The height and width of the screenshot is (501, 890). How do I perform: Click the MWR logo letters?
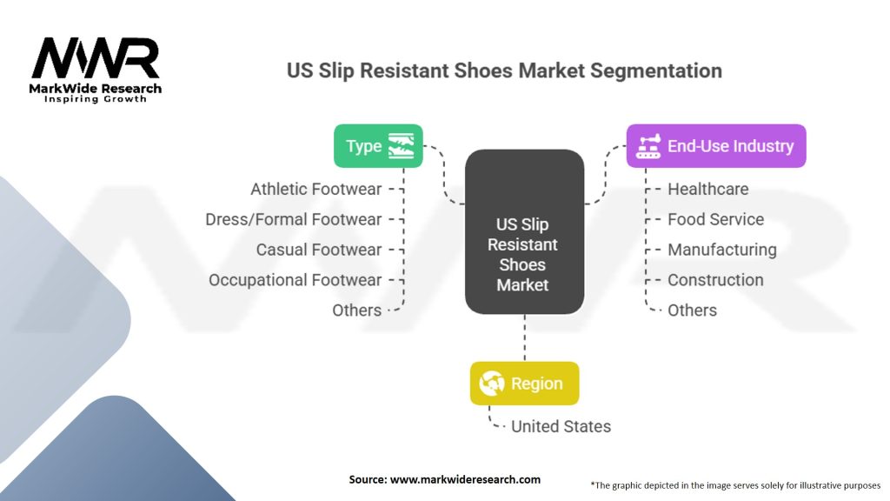[x=96, y=58]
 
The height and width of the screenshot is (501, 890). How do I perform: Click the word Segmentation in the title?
[x=655, y=71]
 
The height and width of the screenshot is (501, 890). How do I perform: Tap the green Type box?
[x=378, y=146]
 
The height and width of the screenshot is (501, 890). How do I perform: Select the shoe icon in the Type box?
[x=401, y=146]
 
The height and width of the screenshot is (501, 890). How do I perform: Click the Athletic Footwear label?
[x=316, y=189]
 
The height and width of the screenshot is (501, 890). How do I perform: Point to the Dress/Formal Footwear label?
[x=294, y=219]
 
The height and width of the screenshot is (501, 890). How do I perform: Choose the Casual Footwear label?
[x=319, y=250]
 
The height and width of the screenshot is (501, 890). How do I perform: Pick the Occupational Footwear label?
[x=296, y=280]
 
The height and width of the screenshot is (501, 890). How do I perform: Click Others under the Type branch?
[x=357, y=311]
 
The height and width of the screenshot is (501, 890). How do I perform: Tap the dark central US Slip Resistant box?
[x=524, y=231]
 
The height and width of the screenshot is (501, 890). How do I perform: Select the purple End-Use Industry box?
[x=716, y=146]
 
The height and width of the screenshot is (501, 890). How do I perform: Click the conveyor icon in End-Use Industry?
[x=648, y=146]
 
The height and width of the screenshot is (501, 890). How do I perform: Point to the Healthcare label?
[x=707, y=189]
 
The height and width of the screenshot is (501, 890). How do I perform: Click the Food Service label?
[x=716, y=219]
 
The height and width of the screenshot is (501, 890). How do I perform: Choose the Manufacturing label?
[x=722, y=250]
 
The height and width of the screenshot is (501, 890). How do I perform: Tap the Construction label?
[x=715, y=280]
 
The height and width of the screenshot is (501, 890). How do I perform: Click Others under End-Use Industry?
[x=692, y=311]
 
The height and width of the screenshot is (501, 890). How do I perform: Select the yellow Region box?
[x=524, y=384]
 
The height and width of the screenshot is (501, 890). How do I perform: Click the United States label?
[x=561, y=426]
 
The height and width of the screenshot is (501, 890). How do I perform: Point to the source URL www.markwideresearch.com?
[x=465, y=479]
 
